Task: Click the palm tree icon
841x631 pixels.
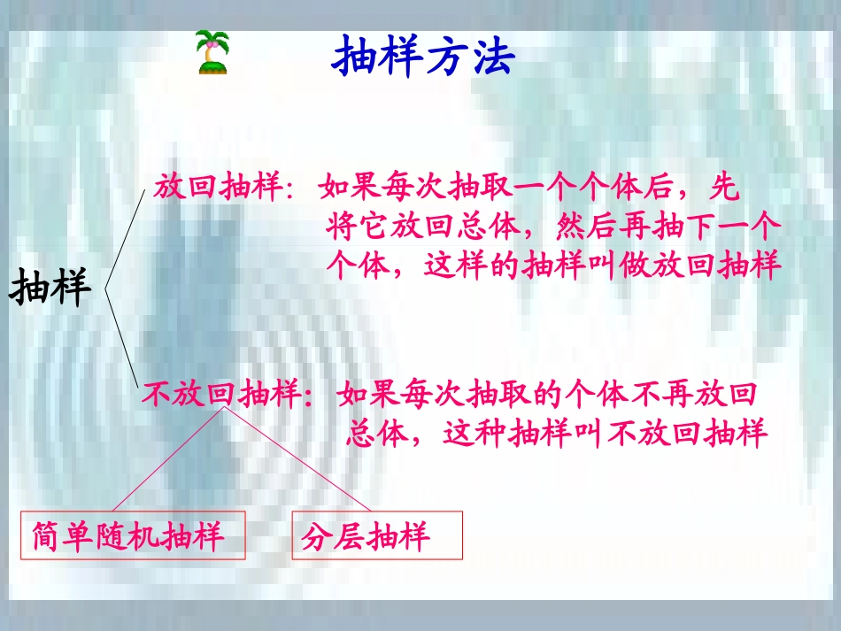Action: (212, 52)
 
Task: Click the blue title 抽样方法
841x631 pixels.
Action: (423, 57)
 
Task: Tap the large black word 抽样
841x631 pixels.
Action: (51, 288)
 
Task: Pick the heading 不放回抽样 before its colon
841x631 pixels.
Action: (220, 395)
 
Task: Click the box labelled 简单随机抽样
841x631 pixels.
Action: (133, 535)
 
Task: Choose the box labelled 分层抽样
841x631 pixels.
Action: (377, 535)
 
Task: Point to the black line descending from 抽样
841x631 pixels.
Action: (121, 336)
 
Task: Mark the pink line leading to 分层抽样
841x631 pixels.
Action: (301, 460)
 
